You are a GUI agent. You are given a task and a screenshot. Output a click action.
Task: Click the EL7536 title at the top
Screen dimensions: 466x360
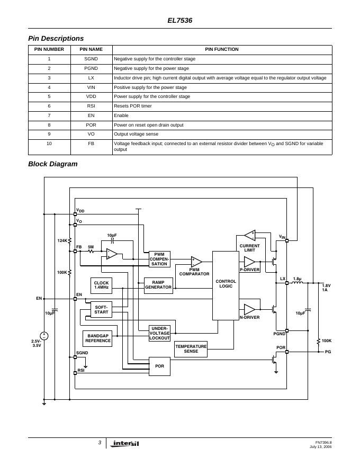click(x=180, y=21)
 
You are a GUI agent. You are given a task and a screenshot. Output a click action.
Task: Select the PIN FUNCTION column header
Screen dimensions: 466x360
click(x=222, y=50)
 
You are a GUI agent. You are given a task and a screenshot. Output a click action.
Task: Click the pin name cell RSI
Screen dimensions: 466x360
click(x=91, y=106)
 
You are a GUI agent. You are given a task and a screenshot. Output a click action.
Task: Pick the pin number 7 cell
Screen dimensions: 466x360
click(x=49, y=115)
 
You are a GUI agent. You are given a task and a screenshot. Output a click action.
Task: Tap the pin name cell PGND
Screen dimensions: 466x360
click(x=91, y=68)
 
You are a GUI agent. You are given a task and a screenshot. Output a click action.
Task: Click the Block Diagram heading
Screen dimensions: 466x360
click(x=52, y=164)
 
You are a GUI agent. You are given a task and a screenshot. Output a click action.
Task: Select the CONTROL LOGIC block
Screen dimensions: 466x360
click(x=226, y=285)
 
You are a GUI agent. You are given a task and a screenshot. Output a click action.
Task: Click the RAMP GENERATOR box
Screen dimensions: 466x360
click(x=158, y=285)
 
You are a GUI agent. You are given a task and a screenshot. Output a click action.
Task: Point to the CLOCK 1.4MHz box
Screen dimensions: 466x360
click(x=101, y=285)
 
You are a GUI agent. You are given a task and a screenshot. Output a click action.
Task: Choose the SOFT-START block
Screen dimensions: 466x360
click(x=101, y=310)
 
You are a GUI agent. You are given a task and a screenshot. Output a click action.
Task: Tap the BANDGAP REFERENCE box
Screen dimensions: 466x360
click(x=98, y=338)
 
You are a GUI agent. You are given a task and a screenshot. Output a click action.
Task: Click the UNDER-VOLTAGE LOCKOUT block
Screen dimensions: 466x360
click(x=159, y=333)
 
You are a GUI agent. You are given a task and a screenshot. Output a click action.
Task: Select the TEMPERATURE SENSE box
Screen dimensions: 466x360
click(x=191, y=349)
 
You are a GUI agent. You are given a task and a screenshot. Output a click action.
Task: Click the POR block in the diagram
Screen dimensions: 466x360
click(x=159, y=366)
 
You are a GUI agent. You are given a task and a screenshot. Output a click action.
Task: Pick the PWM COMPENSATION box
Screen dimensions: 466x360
click(x=159, y=259)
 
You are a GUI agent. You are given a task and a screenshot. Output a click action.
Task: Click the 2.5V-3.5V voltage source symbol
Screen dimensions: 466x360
click(x=44, y=336)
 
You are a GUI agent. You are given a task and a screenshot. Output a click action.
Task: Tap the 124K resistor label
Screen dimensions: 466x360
click(x=62, y=241)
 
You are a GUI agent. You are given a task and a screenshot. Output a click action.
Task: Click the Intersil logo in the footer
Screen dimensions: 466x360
click(x=125, y=444)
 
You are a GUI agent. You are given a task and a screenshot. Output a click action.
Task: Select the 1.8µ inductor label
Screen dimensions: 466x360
click(x=297, y=279)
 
